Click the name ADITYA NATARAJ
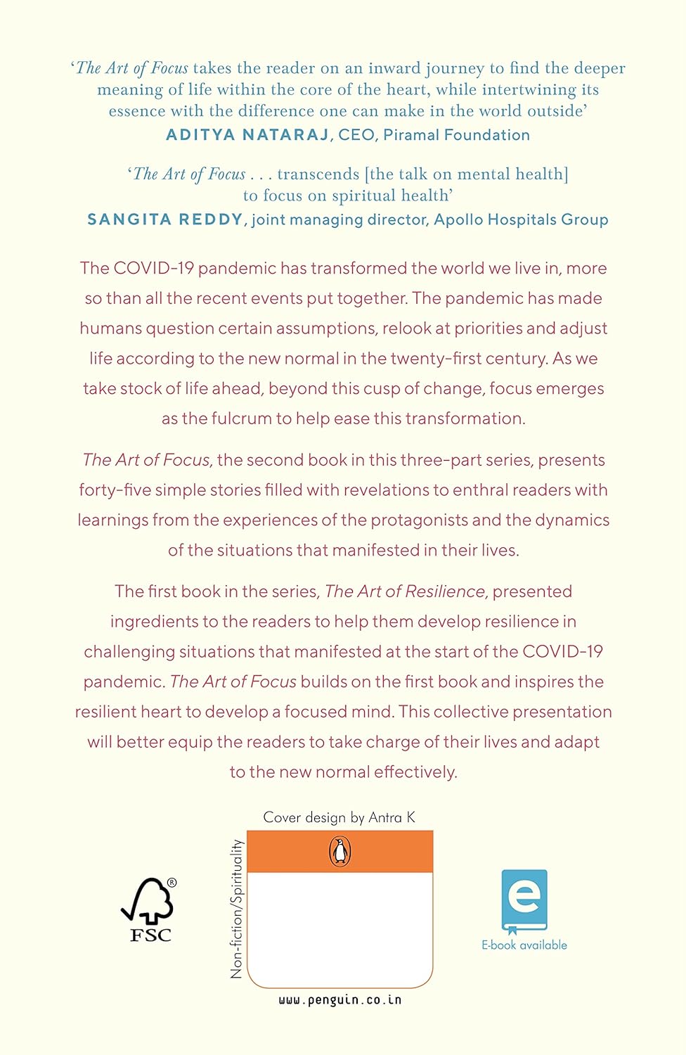(x=247, y=135)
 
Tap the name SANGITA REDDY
(x=164, y=219)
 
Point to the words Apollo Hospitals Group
(x=521, y=219)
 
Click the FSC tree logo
(x=148, y=902)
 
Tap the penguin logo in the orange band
(x=340, y=852)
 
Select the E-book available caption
(x=524, y=945)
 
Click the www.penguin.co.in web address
(x=340, y=999)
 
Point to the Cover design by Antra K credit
(x=339, y=817)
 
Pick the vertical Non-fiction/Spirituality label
(x=237, y=908)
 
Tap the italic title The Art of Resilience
(x=405, y=592)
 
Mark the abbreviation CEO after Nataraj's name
(x=356, y=135)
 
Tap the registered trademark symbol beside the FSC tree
(x=172, y=883)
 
